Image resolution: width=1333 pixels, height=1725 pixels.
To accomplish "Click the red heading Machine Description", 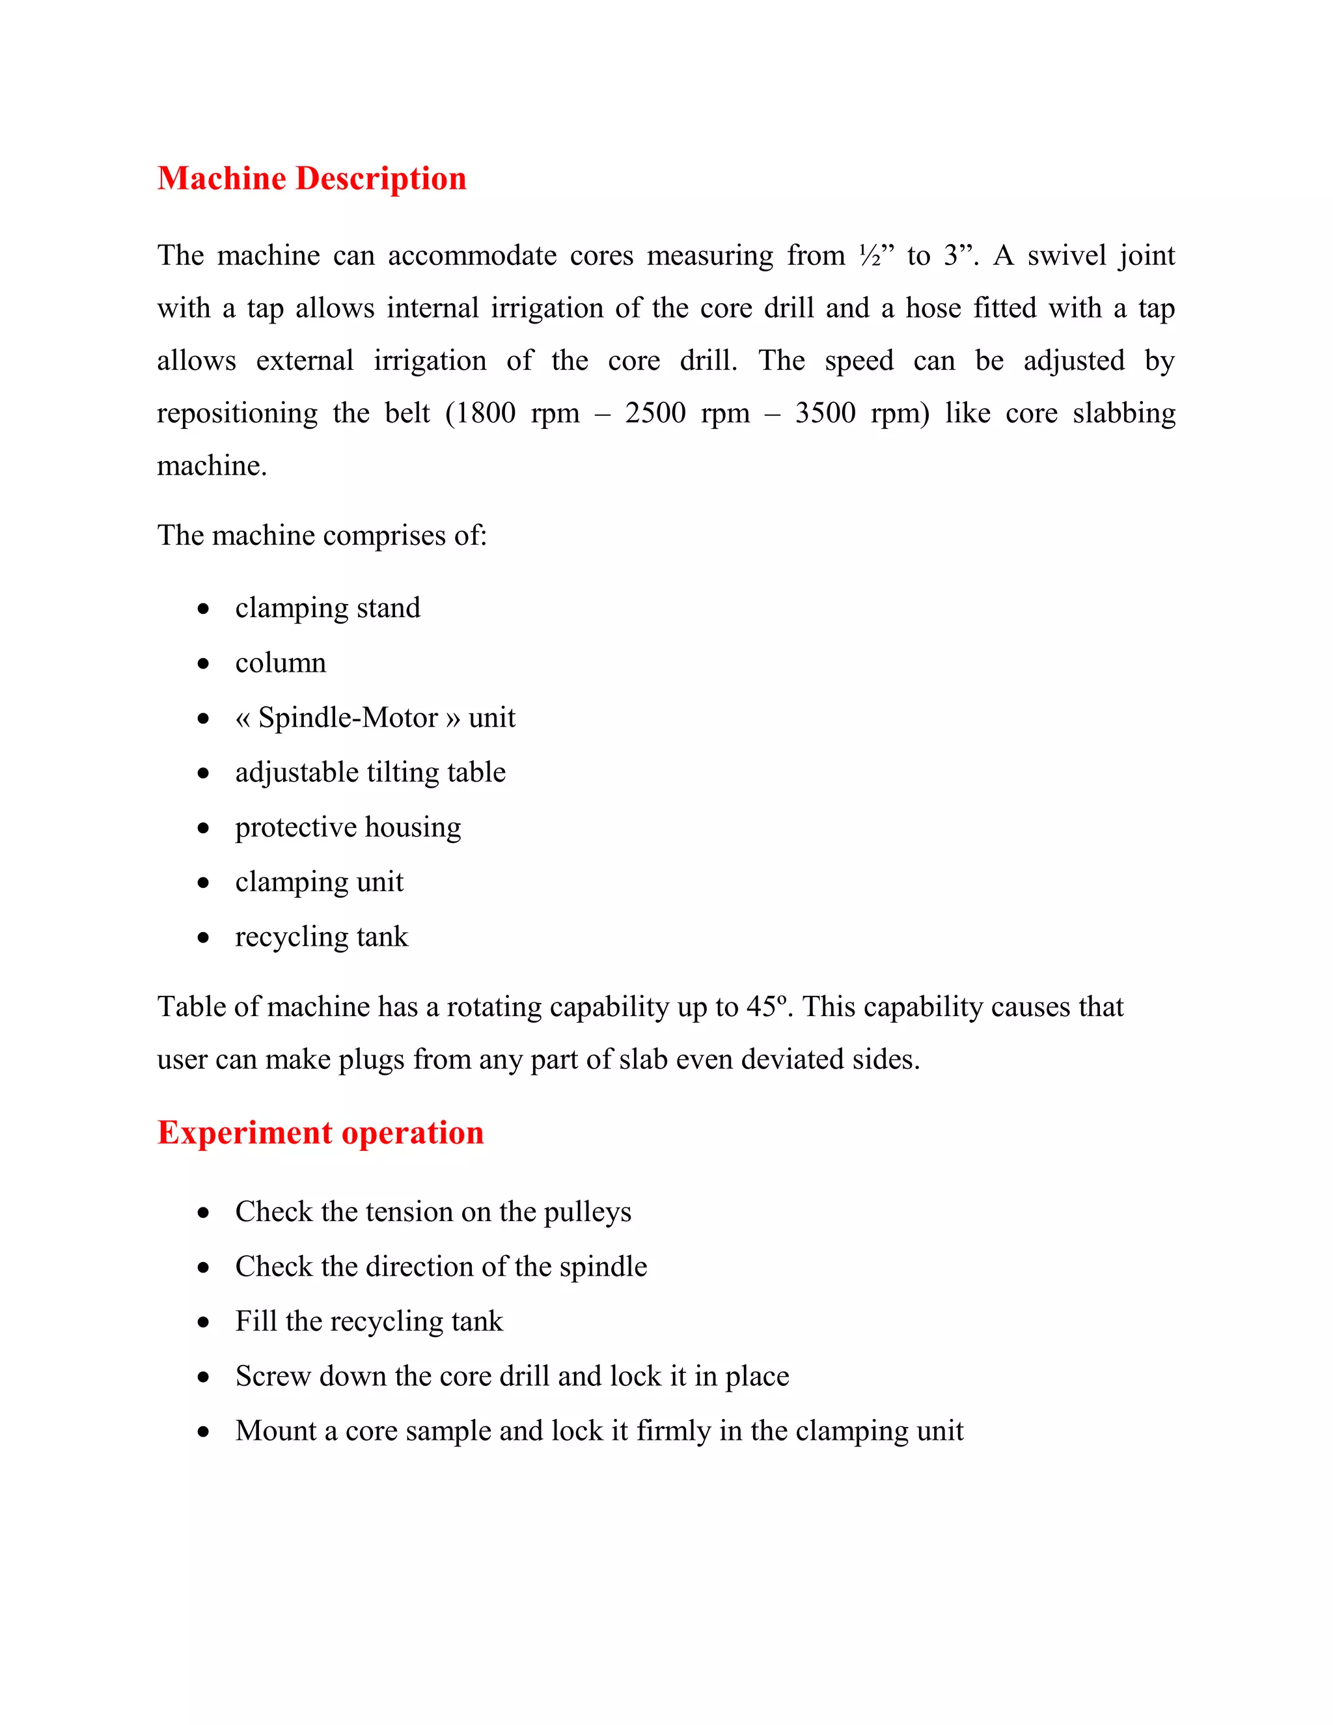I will point(311,178).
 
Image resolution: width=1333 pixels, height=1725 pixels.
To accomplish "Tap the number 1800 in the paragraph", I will point(486,413).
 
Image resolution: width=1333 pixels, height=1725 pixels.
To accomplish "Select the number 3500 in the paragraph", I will point(825,413).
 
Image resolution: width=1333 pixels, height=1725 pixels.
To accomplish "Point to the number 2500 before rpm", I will point(655,413).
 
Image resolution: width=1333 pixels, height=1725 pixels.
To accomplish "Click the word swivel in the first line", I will point(1067,256).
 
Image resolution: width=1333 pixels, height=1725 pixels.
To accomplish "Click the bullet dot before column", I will point(204,663).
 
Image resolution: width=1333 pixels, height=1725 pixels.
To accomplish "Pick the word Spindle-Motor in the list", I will point(348,718).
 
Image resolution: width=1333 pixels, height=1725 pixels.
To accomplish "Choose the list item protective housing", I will point(348,827).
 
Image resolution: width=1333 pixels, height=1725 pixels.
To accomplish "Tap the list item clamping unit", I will point(319,881).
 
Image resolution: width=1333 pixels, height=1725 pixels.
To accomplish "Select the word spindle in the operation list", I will point(603,1267).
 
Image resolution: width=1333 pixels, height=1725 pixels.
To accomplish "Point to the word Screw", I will point(273,1377).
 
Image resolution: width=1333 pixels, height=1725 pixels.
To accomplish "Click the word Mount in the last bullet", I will point(275,1431).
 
